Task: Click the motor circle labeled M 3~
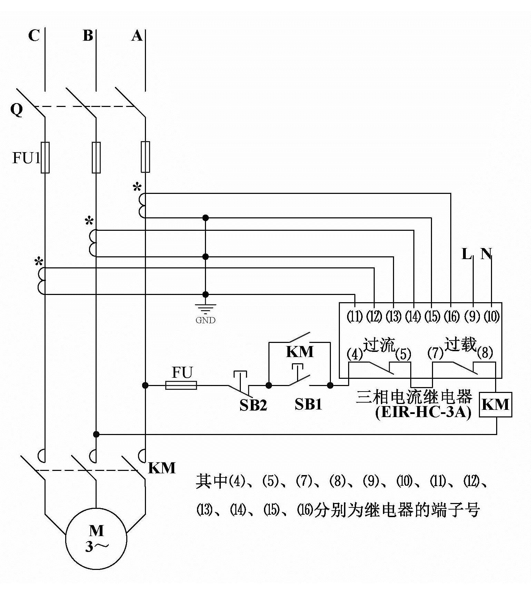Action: click(x=96, y=538)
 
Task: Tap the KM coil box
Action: click(x=495, y=404)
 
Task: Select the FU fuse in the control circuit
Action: click(x=181, y=385)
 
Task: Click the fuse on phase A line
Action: click(x=145, y=157)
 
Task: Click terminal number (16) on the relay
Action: click(x=451, y=316)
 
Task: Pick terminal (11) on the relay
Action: click(x=354, y=316)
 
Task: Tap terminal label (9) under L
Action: click(x=472, y=316)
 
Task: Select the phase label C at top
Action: click(x=34, y=35)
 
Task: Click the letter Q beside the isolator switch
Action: click(x=17, y=110)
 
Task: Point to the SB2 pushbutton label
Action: click(x=253, y=405)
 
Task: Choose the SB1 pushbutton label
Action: click(x=308, y=404)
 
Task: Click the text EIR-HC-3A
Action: click(x=423, y=412)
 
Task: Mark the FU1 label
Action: click(x=26, y=158)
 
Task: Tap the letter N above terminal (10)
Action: click(x=486, y=254)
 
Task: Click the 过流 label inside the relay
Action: click(x=379, y=345)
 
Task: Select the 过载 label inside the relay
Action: click(x=460, y=344)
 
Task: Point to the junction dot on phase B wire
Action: click(x=96, y=434)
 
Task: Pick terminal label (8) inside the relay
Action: click(x=485, y=353)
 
